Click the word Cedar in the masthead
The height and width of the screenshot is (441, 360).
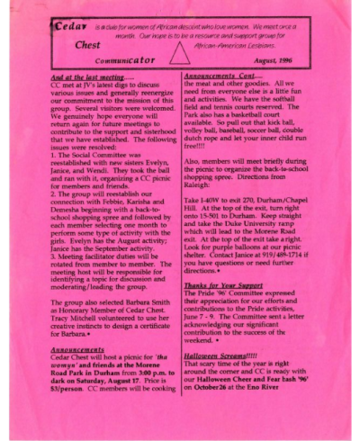click(69, 25)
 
